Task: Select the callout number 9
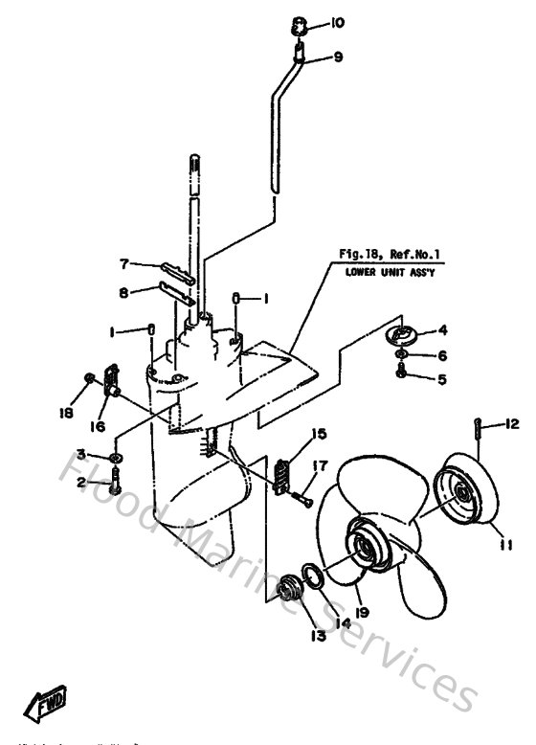pyautogui.click(x=337, y=57)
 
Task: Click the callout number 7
pyautogui.click(x=123, y=263)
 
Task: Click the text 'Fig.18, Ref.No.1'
pyautogui.click(x=394, y=255)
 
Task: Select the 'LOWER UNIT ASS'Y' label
pyautogui.click(x=394, y=271)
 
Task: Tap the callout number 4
pyautogui.click(x=441, y=331)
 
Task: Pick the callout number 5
pyautogui.click(x=441, y=379)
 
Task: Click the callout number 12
pyautogui.click(x=512, y=423)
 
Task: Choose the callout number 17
pyautogui.click(x=320, y=466)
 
